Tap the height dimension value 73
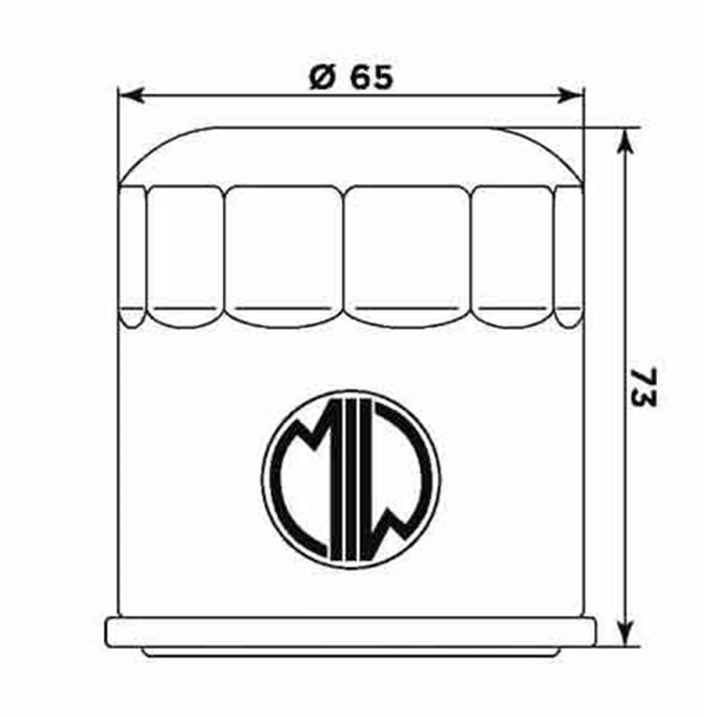pos(644,387)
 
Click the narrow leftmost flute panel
pos(132,251)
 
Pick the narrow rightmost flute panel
pos(569,251)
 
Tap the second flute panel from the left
pos(185,251)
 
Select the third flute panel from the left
pos(284,251)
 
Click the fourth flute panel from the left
pos(407,251)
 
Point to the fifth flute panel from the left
pos(513,251)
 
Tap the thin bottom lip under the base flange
pos(350,652)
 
